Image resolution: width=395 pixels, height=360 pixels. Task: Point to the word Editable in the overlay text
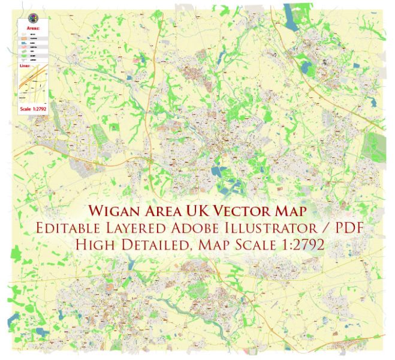71,229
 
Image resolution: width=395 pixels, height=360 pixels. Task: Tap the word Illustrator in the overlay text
272,229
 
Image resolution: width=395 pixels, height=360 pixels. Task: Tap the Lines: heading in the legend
26,66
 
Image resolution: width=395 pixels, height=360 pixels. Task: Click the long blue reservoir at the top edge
295,15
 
